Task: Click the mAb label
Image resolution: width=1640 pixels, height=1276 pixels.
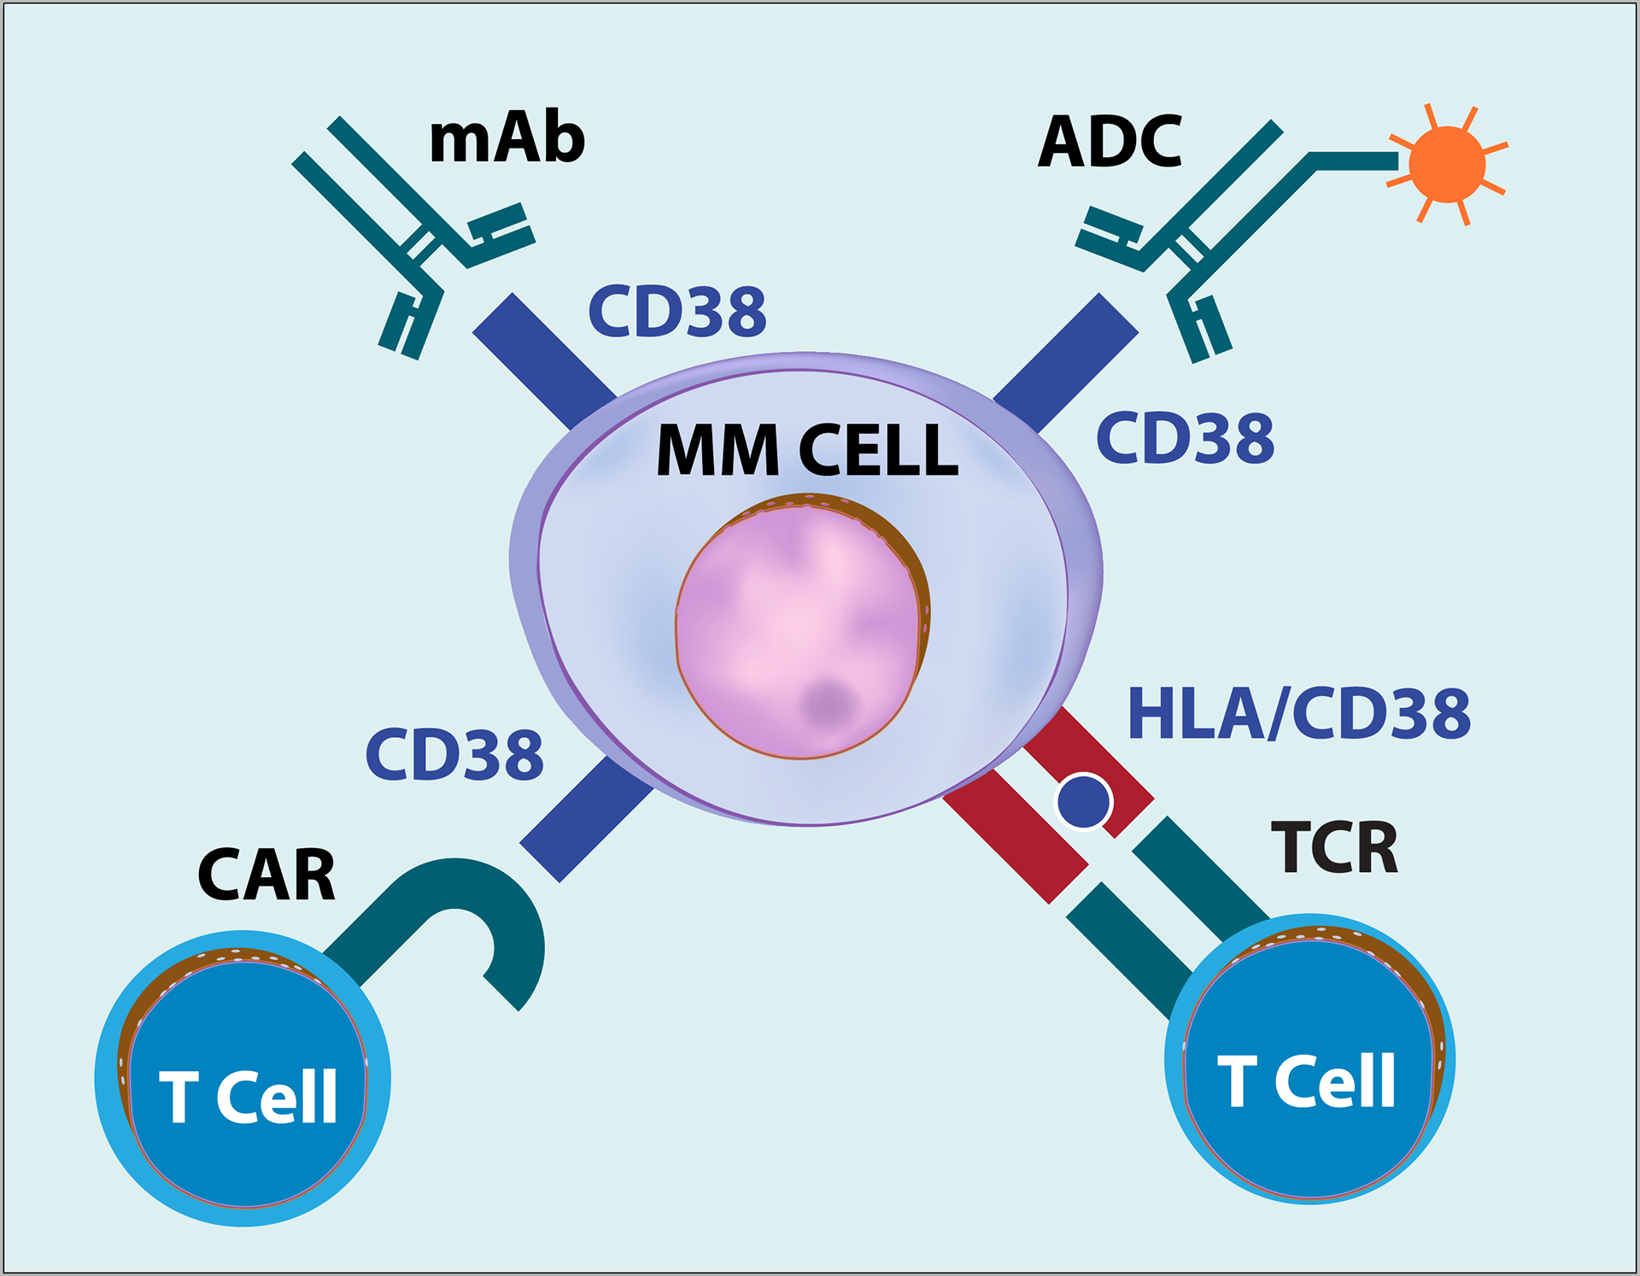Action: (507, 138)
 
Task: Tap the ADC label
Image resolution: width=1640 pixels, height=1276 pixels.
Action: (1110, 142)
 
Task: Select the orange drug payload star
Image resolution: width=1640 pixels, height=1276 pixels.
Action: (1447, 165)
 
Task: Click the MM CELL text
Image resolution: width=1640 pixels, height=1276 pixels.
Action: (807, 450)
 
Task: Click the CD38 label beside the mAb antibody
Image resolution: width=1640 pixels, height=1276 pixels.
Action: (677, 311)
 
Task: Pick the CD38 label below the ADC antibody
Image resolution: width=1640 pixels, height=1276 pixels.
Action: (1185, 438)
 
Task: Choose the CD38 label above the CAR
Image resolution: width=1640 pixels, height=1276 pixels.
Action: (454, 755)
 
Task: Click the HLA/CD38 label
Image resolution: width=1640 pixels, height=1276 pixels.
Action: (1298, 714)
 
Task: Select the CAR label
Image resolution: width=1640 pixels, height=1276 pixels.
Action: (266, 875)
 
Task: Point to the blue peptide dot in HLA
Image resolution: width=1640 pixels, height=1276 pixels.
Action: (1084, 802)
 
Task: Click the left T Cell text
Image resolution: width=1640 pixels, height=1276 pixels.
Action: (249, 1097)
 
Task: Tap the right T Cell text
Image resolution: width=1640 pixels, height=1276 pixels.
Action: (1307, 1081)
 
